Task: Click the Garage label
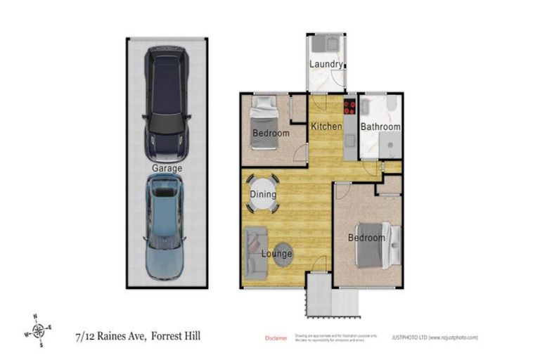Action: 167,169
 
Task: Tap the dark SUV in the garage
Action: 166,102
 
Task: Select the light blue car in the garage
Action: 165,226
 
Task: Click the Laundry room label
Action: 326,65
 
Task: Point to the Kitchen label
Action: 326,127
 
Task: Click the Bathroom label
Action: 380,127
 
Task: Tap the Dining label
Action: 264,195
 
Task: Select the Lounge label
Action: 277,253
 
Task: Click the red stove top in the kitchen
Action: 349,108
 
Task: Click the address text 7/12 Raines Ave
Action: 110,337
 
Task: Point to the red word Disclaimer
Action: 276,338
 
